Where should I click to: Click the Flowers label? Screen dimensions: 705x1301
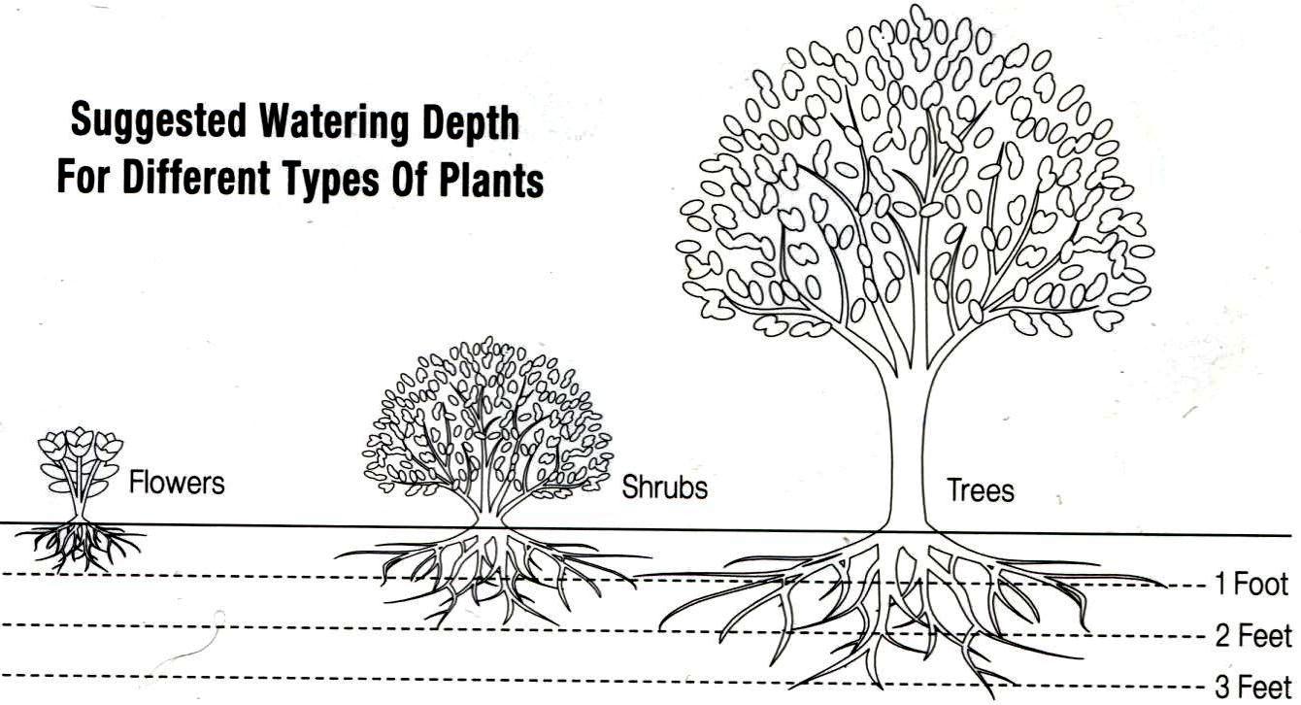click(177, 482)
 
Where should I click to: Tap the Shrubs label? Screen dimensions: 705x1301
click(665, 487)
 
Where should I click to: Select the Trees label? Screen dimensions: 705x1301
click(981, 489)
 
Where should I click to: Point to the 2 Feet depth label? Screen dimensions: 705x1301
click(1253, 637)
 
